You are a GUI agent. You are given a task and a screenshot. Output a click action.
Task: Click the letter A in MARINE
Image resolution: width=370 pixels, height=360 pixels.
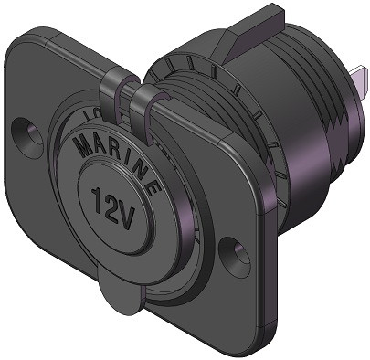click(94, 142)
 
